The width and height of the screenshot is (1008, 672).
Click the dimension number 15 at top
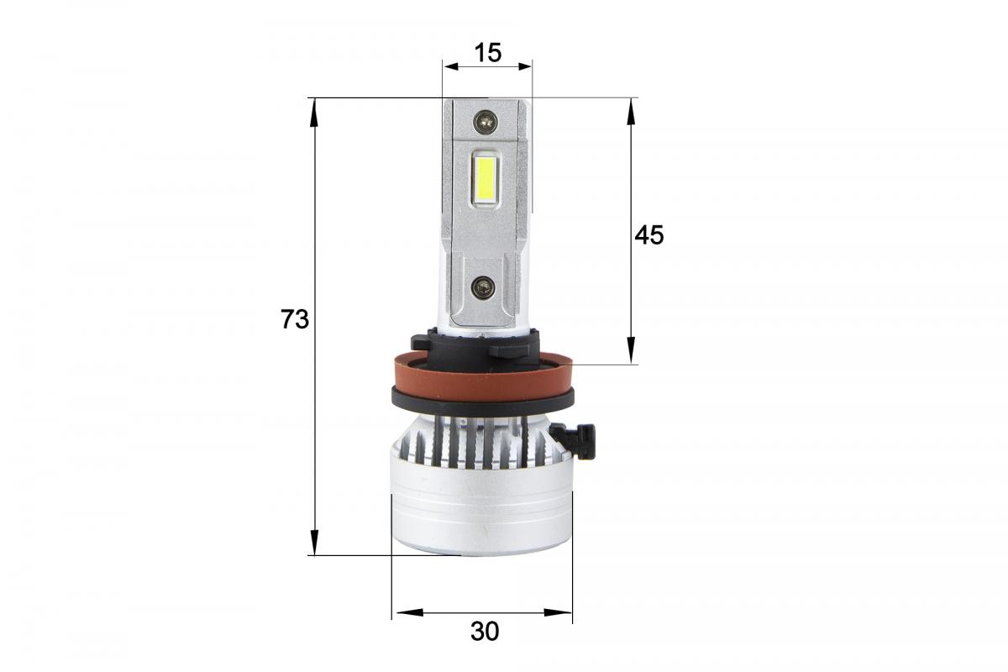[x=487, y=53]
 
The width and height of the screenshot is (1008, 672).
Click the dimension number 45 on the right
[x=648, y=235]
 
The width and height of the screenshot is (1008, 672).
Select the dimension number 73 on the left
[x=295, y=320]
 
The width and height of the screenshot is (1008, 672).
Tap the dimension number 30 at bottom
[x=485, y=631]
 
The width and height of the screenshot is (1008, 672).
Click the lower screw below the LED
[x=485, y=288]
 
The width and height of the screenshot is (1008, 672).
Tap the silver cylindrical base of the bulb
[x=480, y=512]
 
